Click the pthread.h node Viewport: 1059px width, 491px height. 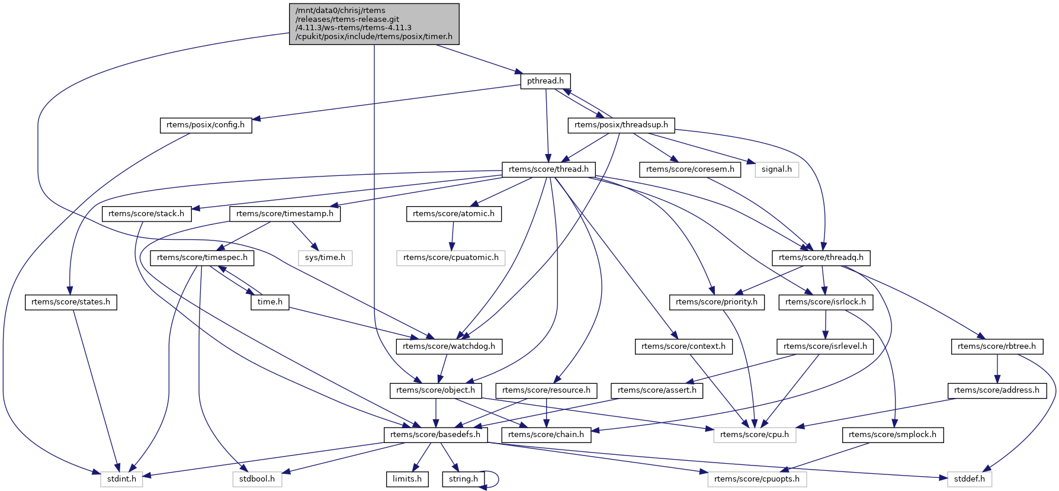545,81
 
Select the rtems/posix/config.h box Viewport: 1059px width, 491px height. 206,125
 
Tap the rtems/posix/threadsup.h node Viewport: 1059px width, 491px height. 621,125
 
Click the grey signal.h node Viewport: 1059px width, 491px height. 776,169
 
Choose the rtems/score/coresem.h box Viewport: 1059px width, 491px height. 690,169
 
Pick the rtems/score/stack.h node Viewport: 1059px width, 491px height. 146,214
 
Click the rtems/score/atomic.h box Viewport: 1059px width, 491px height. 454,214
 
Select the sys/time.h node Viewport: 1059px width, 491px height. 325,258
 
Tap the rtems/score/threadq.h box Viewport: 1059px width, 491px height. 821,258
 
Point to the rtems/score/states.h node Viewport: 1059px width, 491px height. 70,302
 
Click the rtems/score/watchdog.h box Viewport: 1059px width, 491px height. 449,346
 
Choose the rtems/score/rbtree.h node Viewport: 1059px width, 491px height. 997,346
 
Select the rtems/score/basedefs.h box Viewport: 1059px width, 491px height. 436,435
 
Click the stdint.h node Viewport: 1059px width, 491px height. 121,479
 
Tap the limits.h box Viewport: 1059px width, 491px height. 407,479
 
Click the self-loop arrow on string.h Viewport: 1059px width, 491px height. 496,479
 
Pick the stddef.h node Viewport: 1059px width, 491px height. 970,479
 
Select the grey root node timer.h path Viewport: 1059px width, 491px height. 374,24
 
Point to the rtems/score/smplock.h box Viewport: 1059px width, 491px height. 893,435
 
